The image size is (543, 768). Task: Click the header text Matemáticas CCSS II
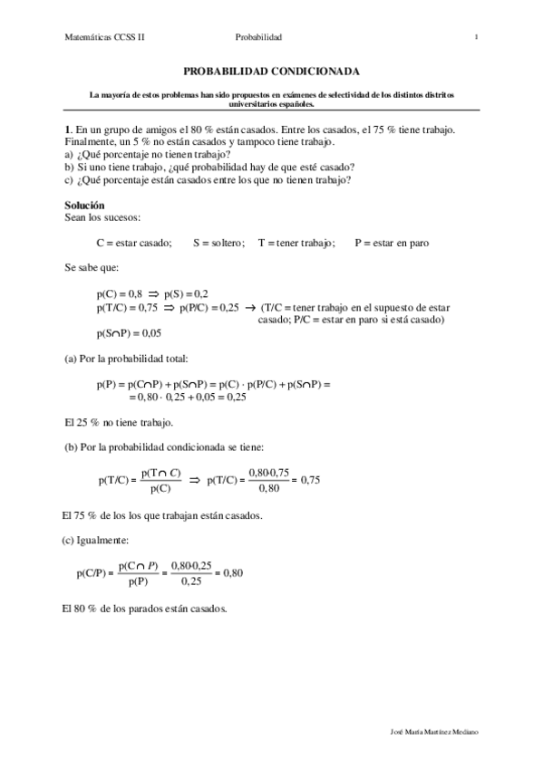point(105,37)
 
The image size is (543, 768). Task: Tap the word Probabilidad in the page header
point(259,37)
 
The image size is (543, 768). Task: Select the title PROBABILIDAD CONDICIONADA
point(272,70)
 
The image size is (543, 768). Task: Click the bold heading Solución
point(84,206)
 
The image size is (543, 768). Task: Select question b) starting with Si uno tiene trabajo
point(209,167)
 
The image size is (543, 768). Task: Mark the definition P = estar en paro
point(392,243)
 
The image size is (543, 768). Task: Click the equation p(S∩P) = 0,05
point(134,332)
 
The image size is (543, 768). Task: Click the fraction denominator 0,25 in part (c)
point(189,581)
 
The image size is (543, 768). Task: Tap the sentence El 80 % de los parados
point(145,609)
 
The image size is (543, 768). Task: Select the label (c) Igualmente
point(98,541)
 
